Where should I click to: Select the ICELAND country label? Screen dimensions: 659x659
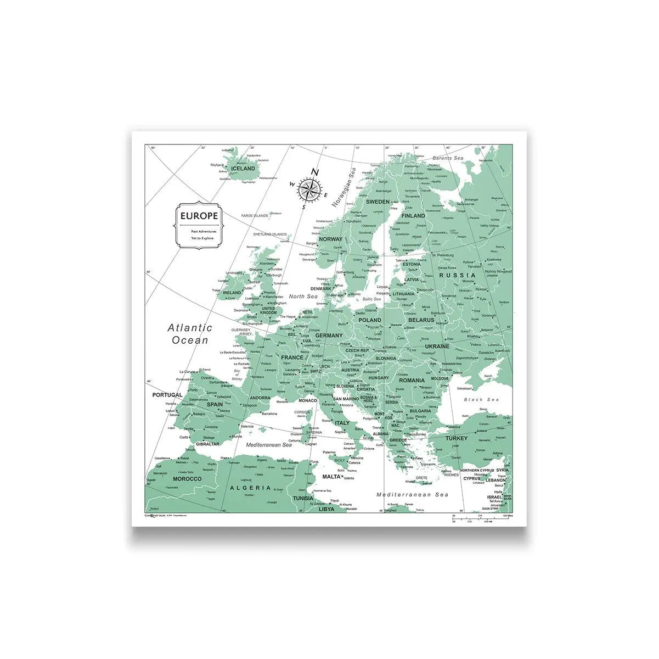(x=243, y=169)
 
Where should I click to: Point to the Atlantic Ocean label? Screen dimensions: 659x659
(x=190, y=333)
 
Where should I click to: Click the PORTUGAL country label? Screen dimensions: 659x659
(x=167, y=395)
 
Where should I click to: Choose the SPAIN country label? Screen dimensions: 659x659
(x=215, y=404)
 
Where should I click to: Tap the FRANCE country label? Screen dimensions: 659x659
(x=292, y=357)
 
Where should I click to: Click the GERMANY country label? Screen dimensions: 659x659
(x=329, y=335)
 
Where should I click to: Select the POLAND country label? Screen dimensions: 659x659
(x=369, y=320)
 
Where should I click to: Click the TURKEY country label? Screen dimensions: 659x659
(x=456, y=438)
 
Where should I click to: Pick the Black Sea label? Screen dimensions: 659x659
(x=481, y=400)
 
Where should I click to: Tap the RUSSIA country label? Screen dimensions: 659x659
(x=457, y=275)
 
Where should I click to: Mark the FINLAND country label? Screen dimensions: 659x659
(x=413, y=216)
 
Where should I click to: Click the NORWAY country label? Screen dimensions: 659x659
(x=330, y=239)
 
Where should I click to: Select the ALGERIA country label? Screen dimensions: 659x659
(x=250, y=487)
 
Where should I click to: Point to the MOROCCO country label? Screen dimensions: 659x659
(x=187, y=479)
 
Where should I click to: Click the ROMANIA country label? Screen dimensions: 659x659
(x=412, y=380)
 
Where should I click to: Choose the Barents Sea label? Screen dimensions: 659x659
(x=448, y=158)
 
